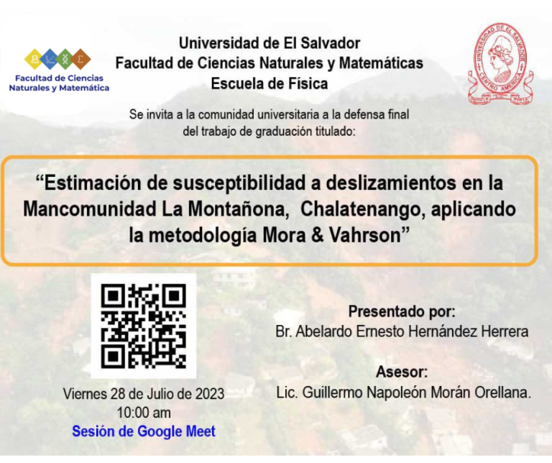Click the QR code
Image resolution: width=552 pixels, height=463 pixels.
coord(144,326)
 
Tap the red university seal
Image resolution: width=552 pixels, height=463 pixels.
coord(500,64)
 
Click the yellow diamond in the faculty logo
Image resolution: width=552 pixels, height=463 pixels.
coord(34,59)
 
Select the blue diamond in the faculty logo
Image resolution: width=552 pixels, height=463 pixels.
coord(50,59)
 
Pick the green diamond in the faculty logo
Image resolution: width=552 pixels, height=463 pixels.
coord(65,59)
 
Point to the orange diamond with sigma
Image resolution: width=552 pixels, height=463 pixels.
coord(80,59)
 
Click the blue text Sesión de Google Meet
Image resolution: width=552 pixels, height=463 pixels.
coord(144,431)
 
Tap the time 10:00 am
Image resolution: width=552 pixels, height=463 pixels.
coord(144,413)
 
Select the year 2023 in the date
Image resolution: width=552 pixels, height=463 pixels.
coord(210,394)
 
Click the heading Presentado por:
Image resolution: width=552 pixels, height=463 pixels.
coord(402,311)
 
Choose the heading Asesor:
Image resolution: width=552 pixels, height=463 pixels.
coord(402,372)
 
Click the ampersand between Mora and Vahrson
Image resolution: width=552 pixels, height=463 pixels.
coord(317,235)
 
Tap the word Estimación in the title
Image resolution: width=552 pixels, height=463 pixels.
coord(93,183)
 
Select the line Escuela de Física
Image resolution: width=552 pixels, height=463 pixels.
coord(270,84)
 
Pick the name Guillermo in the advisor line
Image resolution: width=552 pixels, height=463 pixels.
coord(332,393)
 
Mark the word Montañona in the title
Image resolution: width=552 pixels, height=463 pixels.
coord(239,209)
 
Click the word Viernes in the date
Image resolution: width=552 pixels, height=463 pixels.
coord(85,394)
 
